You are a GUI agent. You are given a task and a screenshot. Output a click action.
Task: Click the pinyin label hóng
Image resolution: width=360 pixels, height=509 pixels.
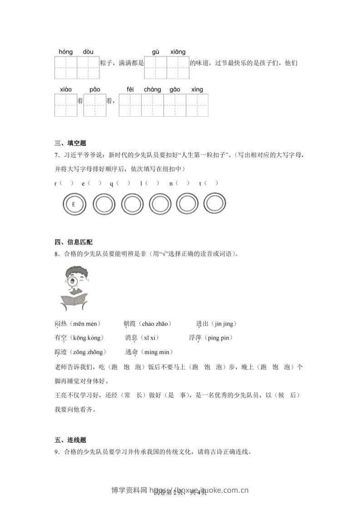point(66,52)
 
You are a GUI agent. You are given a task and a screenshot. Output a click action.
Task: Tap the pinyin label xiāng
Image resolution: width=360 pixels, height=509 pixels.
point(178,52)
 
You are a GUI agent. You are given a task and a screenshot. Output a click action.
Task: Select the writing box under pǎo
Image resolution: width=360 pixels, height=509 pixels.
point(94,105)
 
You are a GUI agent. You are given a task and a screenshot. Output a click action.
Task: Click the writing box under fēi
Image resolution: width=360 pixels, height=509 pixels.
point(130,105)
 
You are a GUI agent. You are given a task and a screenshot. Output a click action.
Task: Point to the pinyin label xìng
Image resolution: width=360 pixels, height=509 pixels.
point(197,89)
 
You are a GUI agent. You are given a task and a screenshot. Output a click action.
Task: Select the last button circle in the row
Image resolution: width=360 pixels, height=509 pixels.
point(215,204)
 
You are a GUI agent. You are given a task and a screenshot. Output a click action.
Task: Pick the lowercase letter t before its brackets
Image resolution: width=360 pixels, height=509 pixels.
point(200,183)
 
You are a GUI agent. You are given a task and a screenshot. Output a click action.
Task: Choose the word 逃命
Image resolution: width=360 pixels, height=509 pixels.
point(132,352)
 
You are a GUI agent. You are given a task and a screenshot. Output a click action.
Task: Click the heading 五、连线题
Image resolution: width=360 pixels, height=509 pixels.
point(70,440)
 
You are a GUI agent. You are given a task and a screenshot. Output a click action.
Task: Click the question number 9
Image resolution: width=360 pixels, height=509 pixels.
point(56,452)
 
